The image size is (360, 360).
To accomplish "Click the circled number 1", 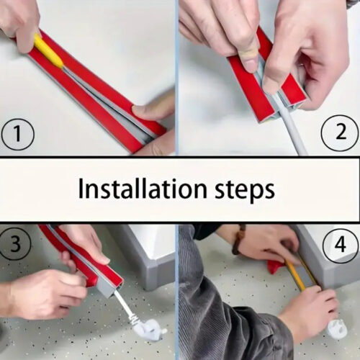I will [x=17, y=135].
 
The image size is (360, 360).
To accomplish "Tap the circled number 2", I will [x=341, y=131].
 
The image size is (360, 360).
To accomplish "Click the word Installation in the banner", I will [x=140, y=189].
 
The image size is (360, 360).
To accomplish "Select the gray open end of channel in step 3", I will [x=107, y=288].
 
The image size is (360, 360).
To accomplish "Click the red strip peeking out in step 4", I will [x=276, y=267].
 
